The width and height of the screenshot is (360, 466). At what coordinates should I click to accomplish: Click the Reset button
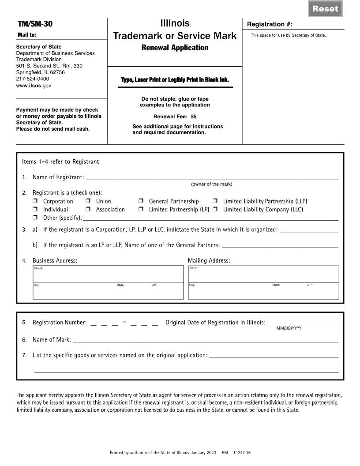pyautogui.click(x=325, y=8)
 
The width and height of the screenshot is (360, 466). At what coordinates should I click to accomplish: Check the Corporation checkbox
pyautogui.click(x=35, y=201)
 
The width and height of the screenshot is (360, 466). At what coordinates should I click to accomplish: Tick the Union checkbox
pyautogui.click(x=88, y=201)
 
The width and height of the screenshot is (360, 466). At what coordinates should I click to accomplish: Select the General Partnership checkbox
pyautogui.click(x=141, y=201)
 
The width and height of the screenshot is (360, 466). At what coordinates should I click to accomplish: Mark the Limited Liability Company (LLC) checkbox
pyautogui.click(x=215, y=210)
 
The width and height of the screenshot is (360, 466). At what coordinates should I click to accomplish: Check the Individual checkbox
pyautogui.click(x=35, y=210)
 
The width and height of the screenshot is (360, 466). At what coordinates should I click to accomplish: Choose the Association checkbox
pyautogui.click(x=88, y=210)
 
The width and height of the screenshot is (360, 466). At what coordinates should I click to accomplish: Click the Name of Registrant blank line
pyautogui.click(x=212, y=177)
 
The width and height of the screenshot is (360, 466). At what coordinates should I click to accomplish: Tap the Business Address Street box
pyautogui.click(x=108, y=274)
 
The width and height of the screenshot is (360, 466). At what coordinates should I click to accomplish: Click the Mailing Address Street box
pyautogui.click(x=263, y=274)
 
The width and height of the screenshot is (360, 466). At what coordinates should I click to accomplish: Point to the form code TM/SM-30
pyautogui.click(x=35, y=24)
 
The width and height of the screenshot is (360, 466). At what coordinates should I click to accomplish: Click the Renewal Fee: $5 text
pyautogui.click(x=175, y=117)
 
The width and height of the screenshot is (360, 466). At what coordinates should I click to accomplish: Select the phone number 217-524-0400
pyautogui.click(x=33, y=79)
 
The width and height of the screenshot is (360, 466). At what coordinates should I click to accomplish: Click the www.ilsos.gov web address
pyautogui.click(x=34, y=86)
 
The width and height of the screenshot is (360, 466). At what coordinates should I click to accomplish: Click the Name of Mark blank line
pyautogui.click(x=206, y=340)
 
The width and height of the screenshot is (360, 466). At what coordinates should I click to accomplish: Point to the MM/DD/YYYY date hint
pyautogui.click(x=289, y=328)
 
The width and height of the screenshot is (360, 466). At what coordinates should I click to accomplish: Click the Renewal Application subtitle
pyautogui.click(x=175, y=48)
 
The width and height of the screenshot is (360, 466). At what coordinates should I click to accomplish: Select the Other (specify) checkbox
pyautogui.click(x=35, y=218)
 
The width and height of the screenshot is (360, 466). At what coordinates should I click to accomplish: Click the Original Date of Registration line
pyautogui.click(x=303, y=323)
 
